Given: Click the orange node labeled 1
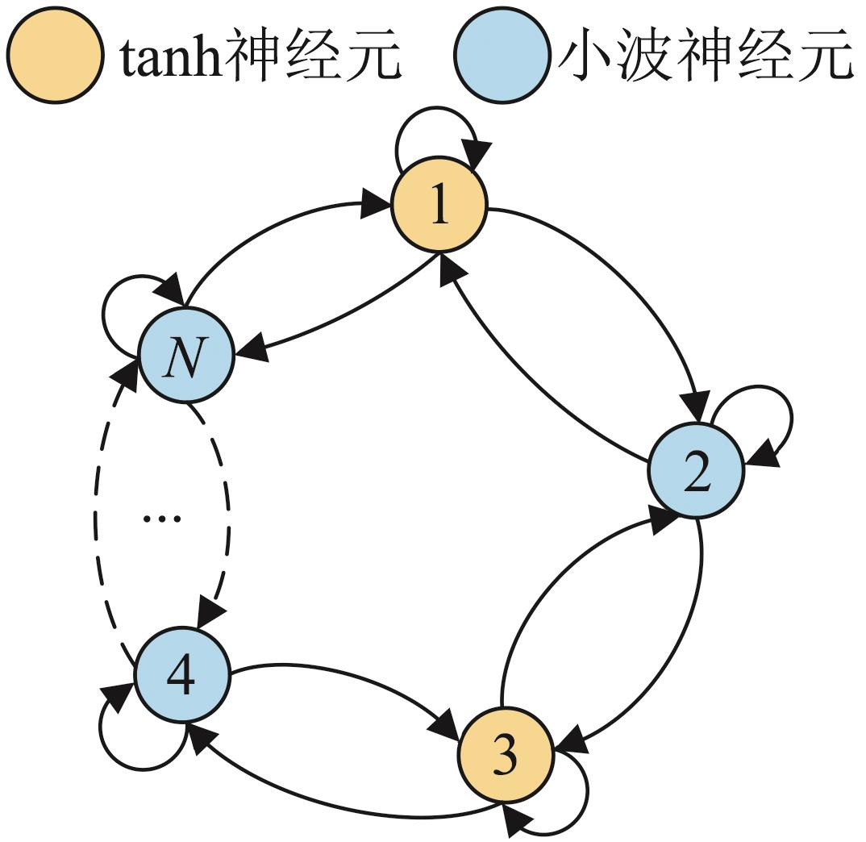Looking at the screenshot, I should pos(439,207).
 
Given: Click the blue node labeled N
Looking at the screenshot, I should pos(185,356).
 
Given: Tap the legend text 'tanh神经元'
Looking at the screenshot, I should pos(260,54).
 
